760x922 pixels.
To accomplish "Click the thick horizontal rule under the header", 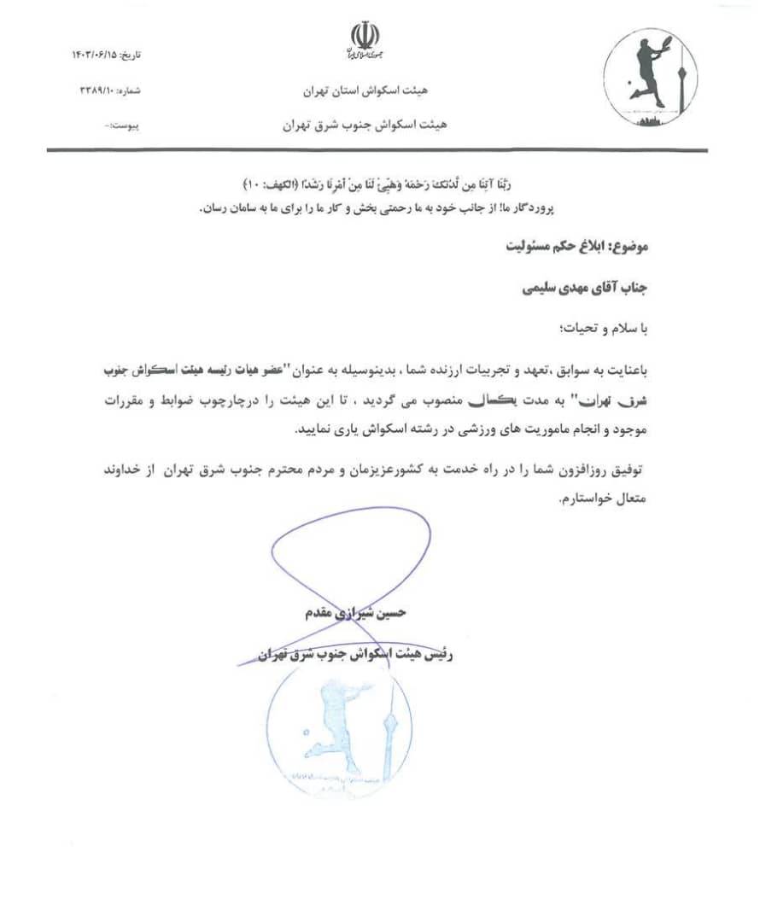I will pyautogui.click(x=377, y=151).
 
